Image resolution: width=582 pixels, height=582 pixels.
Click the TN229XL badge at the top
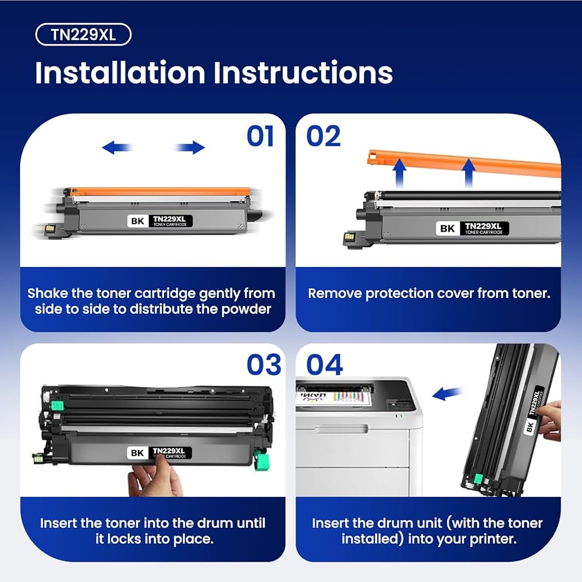[83, 34]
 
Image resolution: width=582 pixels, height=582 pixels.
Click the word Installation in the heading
[120, 72]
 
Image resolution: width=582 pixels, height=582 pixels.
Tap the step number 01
[261, 136]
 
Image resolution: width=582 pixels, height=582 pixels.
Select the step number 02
[323, 136]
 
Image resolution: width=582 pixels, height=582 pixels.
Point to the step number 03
[264, 364]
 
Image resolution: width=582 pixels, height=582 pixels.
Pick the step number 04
[324, 364]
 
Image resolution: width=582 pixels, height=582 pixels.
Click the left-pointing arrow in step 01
[118, 147]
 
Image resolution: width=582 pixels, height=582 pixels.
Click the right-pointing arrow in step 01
[189, 147]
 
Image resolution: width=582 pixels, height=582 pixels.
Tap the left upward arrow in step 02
[399, 173]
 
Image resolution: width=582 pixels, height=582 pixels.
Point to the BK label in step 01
[137, 221]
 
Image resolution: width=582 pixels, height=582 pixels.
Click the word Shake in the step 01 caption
[48, 293]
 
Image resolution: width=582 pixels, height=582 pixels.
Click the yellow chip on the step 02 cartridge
[349, 236]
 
